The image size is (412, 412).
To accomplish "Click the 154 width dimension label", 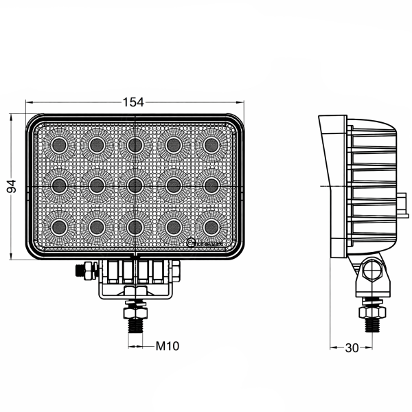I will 133,102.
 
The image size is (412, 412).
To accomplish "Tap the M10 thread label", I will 167,346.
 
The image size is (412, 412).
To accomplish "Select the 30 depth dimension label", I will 352,347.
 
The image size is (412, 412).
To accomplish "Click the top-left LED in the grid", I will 58,144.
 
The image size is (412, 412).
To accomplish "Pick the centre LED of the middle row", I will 135,184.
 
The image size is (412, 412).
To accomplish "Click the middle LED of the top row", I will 135,144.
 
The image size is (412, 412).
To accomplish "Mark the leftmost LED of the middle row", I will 58,184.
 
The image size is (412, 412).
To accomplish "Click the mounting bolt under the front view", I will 135,317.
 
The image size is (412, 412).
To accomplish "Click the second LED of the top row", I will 96,144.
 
